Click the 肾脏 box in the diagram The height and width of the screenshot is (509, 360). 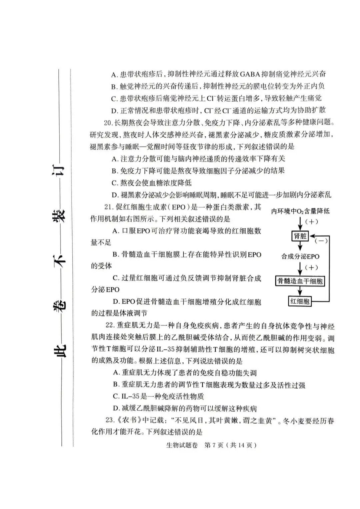(x=300, y=236)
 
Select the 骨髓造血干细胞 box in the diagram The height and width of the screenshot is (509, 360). (x=300, y=281)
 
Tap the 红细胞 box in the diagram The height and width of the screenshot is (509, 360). (x=300, y=301)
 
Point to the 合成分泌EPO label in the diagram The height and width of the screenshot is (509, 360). (x=300, y=256)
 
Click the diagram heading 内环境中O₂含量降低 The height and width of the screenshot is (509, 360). (x=300, y=211)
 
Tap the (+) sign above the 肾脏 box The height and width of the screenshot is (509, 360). (x=311, y=222)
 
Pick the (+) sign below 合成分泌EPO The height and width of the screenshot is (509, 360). (x=311, y=267)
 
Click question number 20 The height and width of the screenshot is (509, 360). (x=108, y=123)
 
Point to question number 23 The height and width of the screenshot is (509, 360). (x=110, y=421)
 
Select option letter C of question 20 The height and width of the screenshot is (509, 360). (x=115, y=183)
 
